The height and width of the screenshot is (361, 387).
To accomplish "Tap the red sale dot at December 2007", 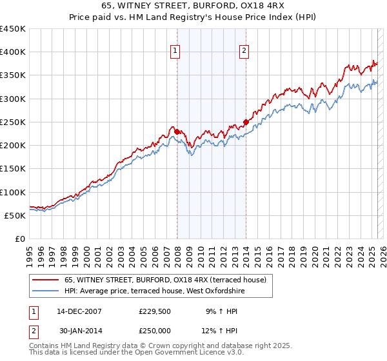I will pos(177,132).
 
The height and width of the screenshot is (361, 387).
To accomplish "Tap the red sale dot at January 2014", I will pos(246,122).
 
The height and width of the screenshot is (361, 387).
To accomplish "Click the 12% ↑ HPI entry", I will pos(221,331).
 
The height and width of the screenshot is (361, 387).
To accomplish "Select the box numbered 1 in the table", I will pos(34,311).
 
